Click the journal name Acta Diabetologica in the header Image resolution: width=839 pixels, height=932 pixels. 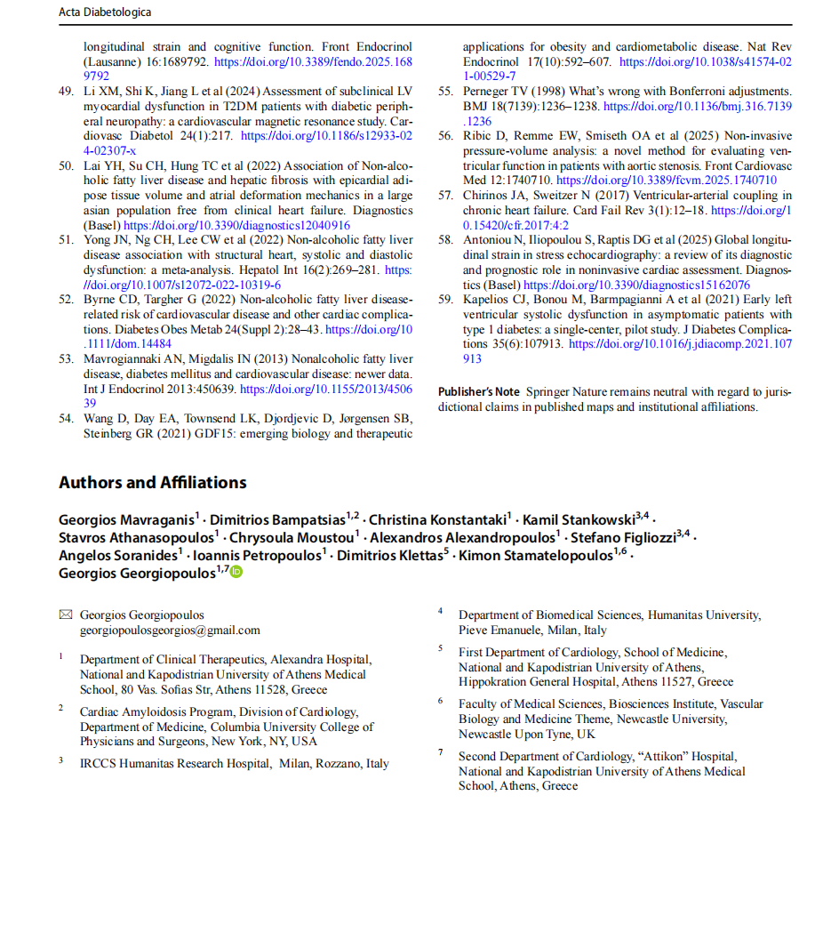(x=104, y=12)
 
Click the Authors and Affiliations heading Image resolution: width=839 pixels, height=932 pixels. (x=152, y=483)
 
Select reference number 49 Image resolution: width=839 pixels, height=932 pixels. (x=66, y=91)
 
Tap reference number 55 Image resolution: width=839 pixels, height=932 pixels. (x=445, y=91)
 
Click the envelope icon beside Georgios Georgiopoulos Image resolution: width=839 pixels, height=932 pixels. (x=65, y=615)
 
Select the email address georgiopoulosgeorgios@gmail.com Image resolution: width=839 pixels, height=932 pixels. (x=170, y=630)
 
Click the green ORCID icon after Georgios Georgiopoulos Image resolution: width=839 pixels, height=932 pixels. (x=236, y=573)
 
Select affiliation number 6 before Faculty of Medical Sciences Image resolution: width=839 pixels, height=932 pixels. (x=440, y=701)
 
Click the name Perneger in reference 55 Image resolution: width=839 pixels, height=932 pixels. (x=489, y=91)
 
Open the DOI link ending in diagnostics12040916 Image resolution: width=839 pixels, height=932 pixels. (x=236, y=225)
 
